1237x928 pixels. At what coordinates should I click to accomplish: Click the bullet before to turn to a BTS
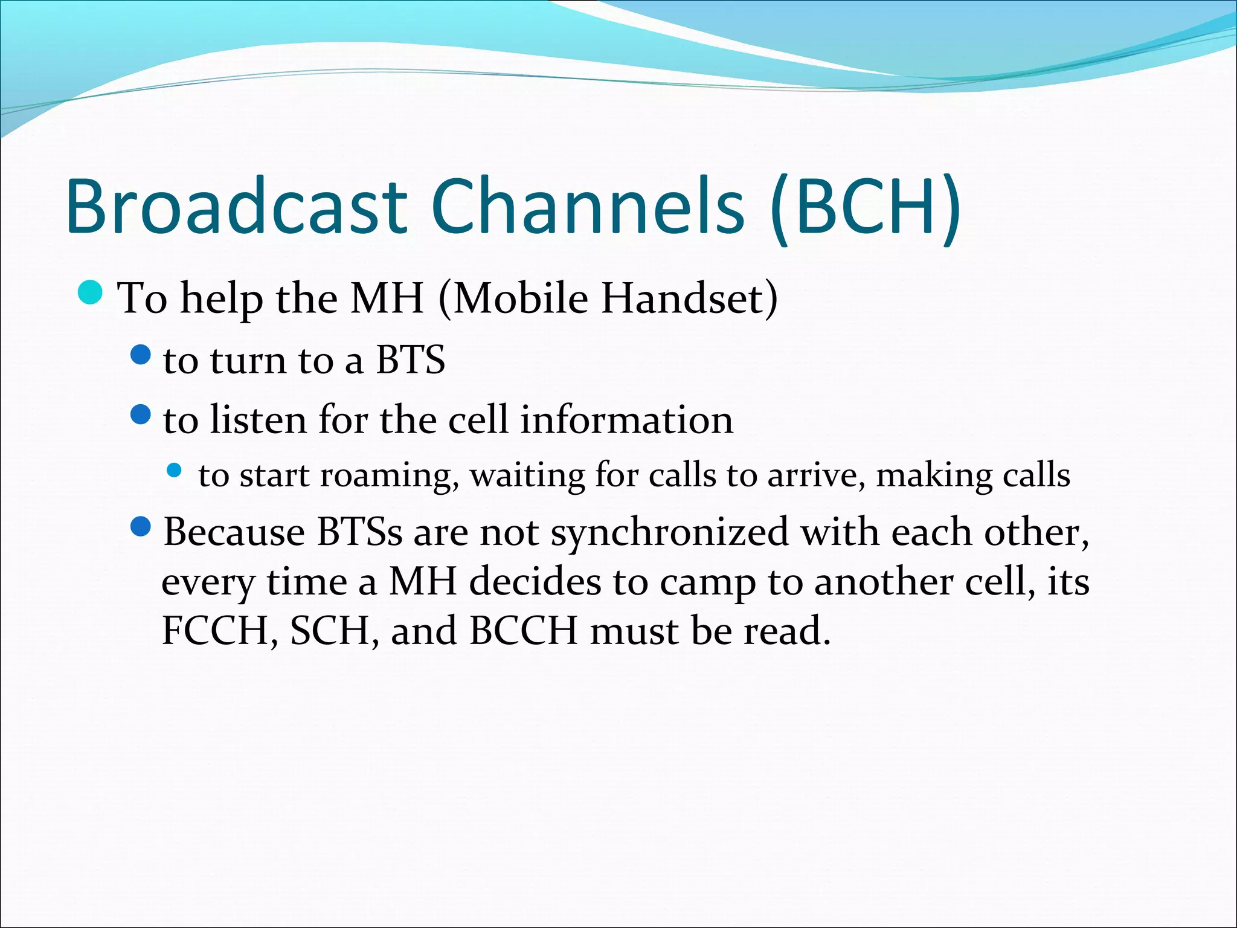[140, 355]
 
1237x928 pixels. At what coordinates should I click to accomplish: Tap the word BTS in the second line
[410, 360]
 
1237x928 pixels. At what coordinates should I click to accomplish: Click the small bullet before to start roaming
[174, 469]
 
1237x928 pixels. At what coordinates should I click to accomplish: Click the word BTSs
[359, 532]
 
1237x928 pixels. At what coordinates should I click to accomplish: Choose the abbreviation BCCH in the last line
[523, 631]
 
